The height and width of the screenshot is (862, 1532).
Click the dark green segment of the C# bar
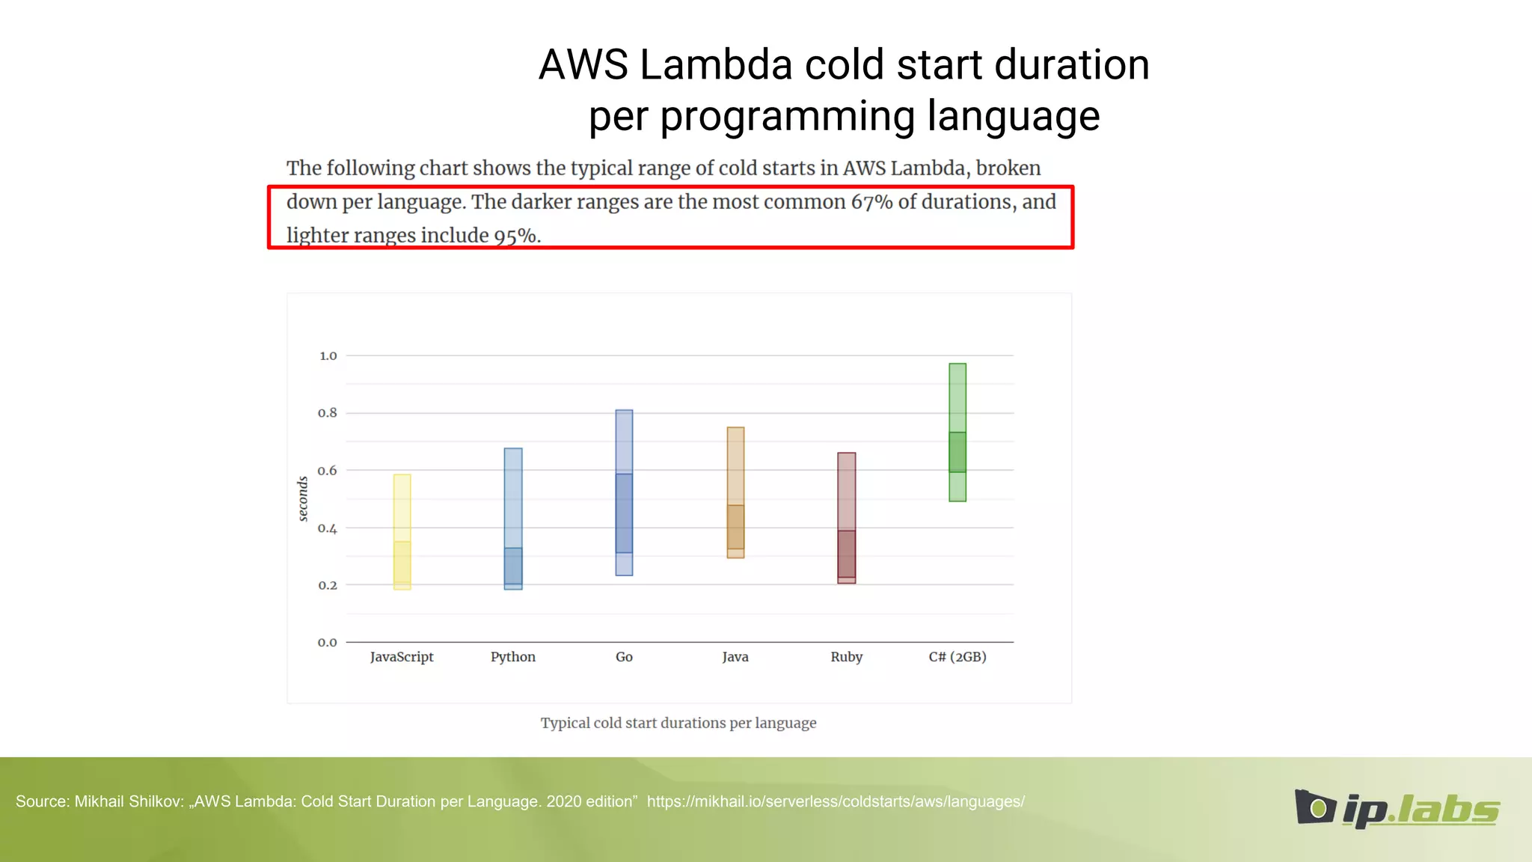tap(957, 452)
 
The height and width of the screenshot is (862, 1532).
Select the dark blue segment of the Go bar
tap(624, 513)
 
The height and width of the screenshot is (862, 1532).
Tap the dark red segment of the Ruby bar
tap(846, 554)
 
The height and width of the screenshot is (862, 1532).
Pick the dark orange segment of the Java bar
tap(735, 527)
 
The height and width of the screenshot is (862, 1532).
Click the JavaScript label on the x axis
tap(402, 657)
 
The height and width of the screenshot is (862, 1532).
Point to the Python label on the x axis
tap(512, 657)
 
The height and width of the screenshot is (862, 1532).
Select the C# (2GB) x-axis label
tap(957, 657)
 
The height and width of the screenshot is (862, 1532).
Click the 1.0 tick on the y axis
tap(328, 356)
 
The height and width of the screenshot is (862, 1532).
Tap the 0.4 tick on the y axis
tap(327, 528)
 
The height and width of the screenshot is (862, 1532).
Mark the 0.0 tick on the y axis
tap(327, 643)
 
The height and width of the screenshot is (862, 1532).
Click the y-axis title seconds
tap(303, 499)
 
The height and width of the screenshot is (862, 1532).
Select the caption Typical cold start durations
tap(678, 723)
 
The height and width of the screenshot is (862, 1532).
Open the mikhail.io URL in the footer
tap(836, 801)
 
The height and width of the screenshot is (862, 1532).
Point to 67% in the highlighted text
tap(871, 202)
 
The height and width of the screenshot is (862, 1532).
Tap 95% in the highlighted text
tap(515, 236)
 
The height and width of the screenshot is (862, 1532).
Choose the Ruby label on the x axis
tap(846, 657)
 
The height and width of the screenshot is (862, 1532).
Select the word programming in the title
tap(788, 117)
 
